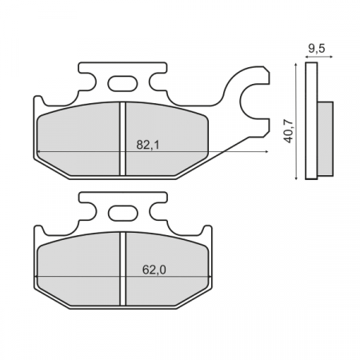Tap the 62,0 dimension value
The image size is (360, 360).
click(x=154, y=270)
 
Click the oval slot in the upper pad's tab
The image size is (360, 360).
click(x=122, y=82)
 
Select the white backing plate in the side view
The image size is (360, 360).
click(x=312, y=120)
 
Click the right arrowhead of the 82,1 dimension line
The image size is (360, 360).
click(x=264, y=151)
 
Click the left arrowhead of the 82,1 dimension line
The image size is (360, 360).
click(x=38, y=151)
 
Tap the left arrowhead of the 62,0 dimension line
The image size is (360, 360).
click(x=38, y=277)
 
